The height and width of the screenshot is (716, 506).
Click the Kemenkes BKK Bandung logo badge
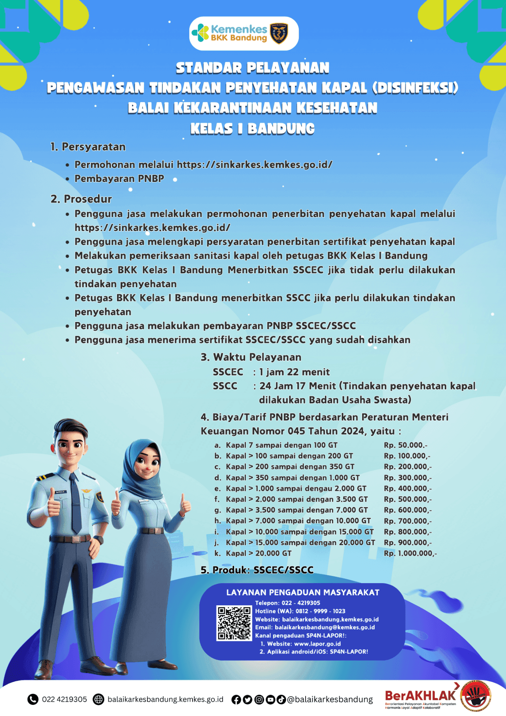[244, 34]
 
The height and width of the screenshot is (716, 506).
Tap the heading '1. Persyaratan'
[88, 147]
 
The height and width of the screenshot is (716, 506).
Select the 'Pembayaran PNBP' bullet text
[119, 178]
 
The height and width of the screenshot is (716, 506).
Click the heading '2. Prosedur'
[81, 199]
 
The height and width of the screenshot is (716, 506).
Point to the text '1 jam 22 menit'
[294, 372]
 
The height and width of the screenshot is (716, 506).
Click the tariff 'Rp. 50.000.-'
[405, 445]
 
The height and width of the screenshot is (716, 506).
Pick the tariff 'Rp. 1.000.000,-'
[410, 553]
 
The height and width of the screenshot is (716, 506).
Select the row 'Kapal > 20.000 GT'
[259, 553]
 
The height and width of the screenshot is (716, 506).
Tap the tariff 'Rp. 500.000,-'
[408, 499]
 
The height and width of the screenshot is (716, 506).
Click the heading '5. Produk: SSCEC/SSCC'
[257, 570]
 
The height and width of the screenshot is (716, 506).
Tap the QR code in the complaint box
[234, 623]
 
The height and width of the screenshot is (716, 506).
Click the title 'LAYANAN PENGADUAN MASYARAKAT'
[303, 593]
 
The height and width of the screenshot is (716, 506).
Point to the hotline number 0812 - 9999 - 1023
[320, 611]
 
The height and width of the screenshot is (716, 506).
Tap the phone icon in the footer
[33, 699]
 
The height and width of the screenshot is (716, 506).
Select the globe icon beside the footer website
[98, 699]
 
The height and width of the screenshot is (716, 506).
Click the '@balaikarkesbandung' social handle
[330, 699]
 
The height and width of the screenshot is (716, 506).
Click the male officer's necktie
[75, 502]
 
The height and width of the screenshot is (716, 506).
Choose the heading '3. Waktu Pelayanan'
[251, 357]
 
